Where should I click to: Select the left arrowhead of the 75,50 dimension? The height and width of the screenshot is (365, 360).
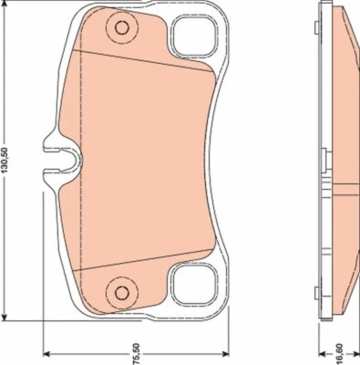pyautogui.click(x=47, y=356)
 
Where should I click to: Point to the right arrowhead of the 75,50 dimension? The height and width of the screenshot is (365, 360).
pyautogui.click(x=226, y=356)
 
